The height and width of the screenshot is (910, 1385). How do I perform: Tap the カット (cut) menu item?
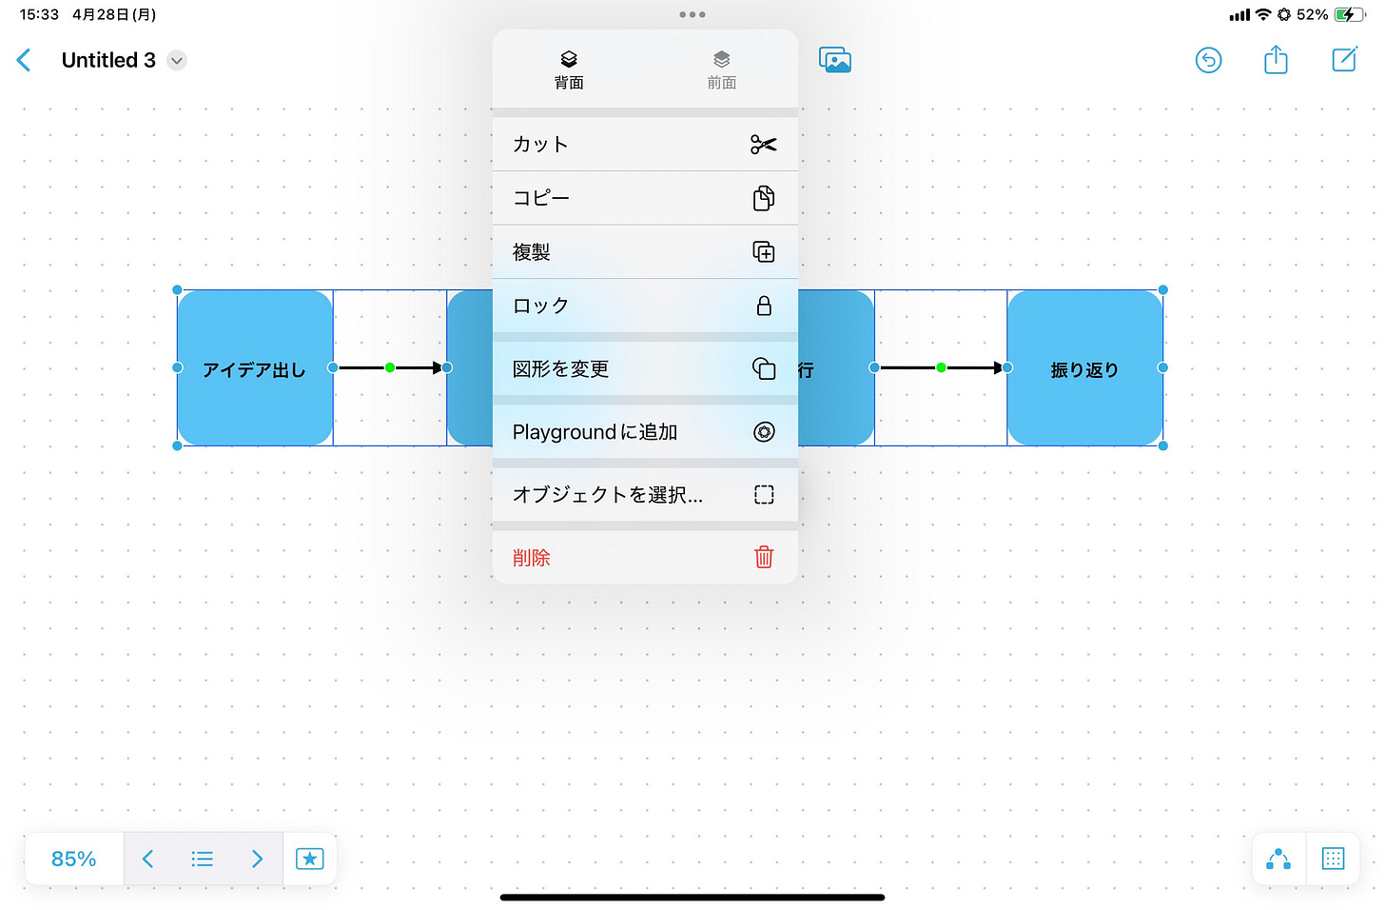click(645, 145)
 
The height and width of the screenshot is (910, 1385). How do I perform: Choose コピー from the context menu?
click(645, 198)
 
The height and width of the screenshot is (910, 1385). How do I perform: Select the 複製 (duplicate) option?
click(645, 252)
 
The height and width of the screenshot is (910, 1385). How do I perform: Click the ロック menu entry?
click(645, 306)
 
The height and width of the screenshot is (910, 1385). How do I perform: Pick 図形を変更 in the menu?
click(645, 368)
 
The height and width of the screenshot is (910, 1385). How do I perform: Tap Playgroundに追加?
click(645, 432)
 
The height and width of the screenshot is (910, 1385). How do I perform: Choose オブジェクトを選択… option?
click(645, 495)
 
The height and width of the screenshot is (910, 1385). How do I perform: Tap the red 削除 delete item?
click(645, 558)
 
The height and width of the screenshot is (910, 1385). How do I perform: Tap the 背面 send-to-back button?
click(569, 69)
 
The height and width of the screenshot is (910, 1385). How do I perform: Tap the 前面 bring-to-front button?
click(721, 69)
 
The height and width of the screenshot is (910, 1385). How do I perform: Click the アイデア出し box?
click(255, 368)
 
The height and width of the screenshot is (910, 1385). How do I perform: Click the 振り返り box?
click(1084, 368)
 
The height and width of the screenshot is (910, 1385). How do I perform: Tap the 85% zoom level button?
click(74, 859)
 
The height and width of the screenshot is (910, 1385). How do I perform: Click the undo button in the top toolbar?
click(1208, 61)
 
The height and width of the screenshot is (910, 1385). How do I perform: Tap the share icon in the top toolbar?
click(1276, 61)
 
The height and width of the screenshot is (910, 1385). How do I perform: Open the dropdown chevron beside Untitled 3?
click(177, 61)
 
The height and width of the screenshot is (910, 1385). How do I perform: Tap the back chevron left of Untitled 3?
click(25, 61)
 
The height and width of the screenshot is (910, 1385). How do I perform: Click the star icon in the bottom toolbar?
click(310, 859)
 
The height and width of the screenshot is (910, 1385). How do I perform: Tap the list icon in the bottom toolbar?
click(202, 859)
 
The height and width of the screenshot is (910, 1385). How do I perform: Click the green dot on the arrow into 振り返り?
click(941, 367)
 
